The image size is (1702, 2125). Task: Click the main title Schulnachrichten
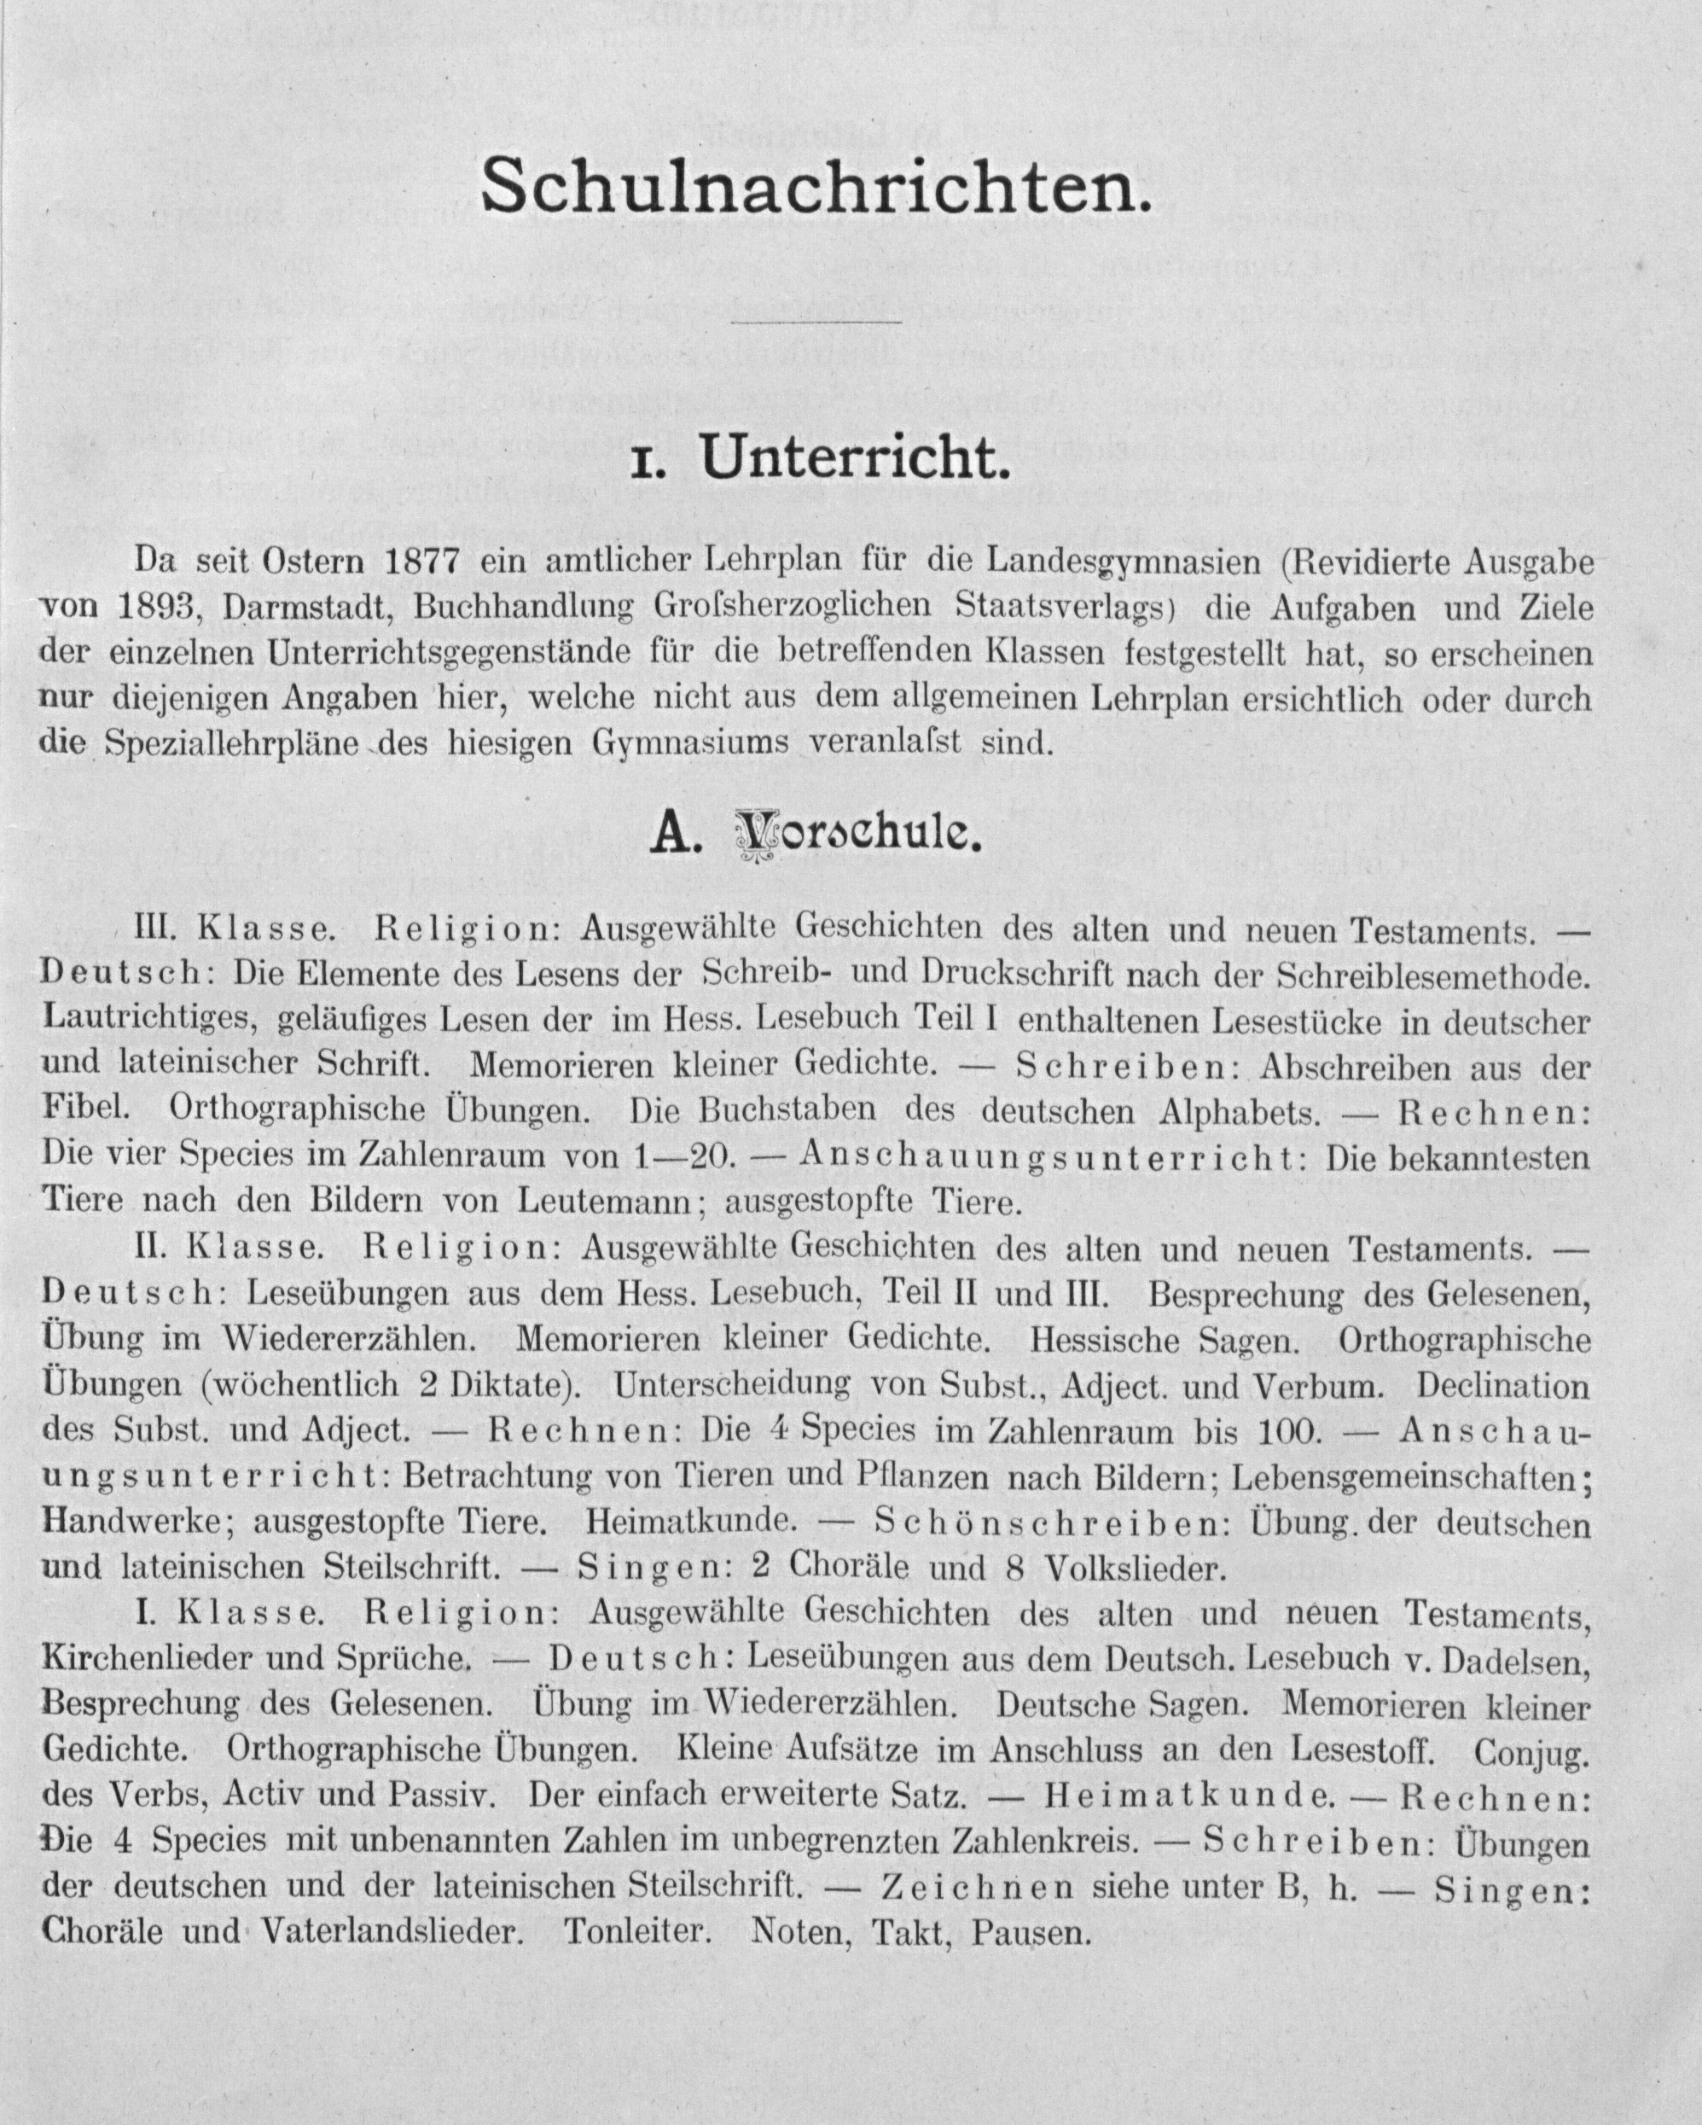(x=816, y=186)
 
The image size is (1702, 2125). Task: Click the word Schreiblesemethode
(x=1433, y=974)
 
